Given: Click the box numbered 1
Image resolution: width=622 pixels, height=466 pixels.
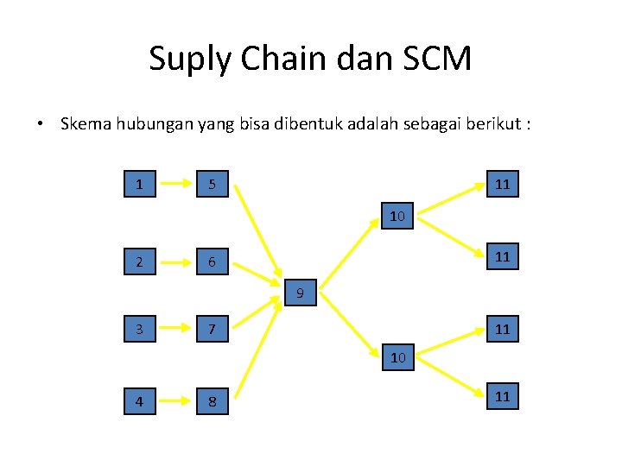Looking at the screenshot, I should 140,184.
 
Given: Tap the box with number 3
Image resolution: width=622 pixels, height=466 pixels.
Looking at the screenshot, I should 140,329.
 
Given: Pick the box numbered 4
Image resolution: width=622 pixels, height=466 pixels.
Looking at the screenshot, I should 140,401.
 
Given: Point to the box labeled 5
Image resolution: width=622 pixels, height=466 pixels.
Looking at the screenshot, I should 212,184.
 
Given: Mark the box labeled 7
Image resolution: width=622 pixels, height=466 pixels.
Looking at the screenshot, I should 212,329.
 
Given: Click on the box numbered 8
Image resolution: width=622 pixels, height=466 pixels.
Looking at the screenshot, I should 212,401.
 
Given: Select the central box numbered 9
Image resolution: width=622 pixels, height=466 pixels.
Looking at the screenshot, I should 300,293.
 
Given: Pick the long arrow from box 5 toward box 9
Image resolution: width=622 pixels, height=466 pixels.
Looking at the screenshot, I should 260,232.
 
